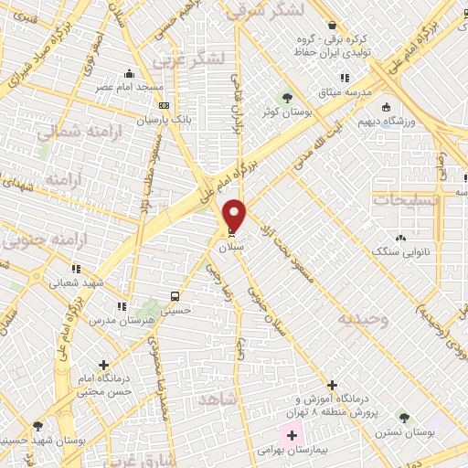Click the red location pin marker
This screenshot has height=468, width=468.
(236, 215)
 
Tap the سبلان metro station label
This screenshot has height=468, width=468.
(229, 247)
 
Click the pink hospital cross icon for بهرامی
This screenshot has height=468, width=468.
(292, 435)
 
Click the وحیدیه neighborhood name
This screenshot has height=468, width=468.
(363, 319)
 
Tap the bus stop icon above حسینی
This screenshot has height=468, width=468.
(174, 297)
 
